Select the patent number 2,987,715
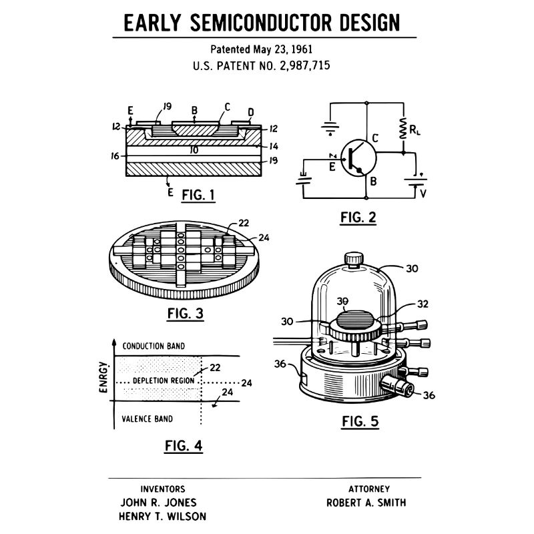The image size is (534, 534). coord(300,66)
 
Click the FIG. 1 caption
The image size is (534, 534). coord(198,195)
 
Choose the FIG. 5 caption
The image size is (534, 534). coord(360,421)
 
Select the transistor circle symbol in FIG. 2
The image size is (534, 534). coord(358,158)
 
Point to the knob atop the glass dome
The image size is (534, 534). coord(354,257)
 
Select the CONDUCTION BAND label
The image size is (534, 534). coord(154,346)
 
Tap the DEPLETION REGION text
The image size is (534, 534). coord(164,380)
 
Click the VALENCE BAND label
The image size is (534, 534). coord(147,419)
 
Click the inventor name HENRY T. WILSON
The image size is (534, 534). coord(162,516)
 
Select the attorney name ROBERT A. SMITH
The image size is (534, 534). coord(365,503)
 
